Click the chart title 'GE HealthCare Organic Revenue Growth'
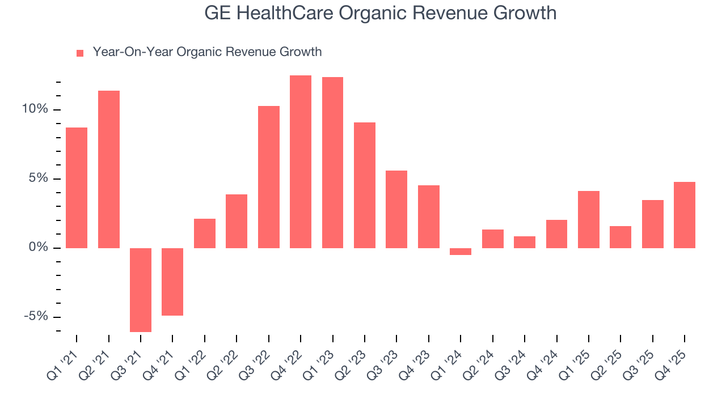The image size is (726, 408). tap(380, 13)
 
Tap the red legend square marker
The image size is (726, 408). tap(80, 53)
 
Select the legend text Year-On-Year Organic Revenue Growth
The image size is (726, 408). tap(207, 52)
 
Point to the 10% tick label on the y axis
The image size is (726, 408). tap(35, 109)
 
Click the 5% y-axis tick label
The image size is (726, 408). tap(38, 178)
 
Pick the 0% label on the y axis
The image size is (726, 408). tap(38, 248)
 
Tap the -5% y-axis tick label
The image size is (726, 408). tap(36, 317)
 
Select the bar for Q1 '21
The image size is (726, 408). tap(77, 188)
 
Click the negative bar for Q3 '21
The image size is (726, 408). tap(141, 290)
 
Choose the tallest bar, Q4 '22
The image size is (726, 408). tap(301, 161)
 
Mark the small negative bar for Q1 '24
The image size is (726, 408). tap(461, 252)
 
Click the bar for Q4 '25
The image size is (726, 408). tap(685, 215)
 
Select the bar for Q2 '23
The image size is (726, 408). tap(365, 185)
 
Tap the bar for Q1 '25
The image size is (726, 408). tap(588, 219)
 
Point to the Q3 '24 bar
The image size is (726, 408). tap(525, 242)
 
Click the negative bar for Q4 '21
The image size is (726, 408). tap(172, 282)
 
